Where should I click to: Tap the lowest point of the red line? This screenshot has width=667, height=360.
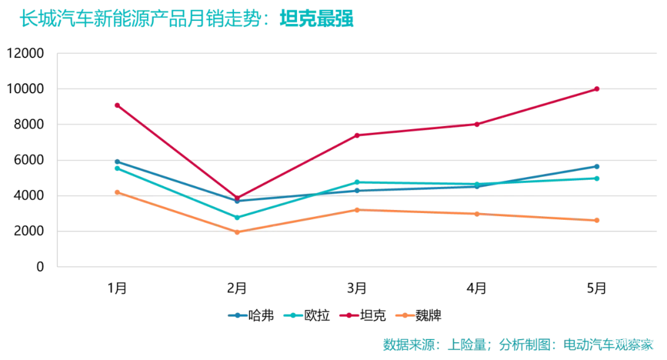click(x=237, y=197)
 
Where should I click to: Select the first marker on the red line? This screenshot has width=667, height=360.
click(x=117, y=105)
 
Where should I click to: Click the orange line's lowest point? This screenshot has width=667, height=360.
click(x=237, y=232)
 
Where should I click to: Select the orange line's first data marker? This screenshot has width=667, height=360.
click(x=117, y=191)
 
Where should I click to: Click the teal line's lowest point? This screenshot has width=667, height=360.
click(x=237, y=217)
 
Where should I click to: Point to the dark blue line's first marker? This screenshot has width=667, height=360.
click(x=117, y=162)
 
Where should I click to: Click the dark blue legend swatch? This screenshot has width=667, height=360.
click(x=238, y=316)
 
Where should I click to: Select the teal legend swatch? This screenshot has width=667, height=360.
click(x=293, y=316)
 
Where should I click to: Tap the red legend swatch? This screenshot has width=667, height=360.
click(x=348, y=316)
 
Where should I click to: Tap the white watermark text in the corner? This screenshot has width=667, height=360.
click(x=633, y=344)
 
